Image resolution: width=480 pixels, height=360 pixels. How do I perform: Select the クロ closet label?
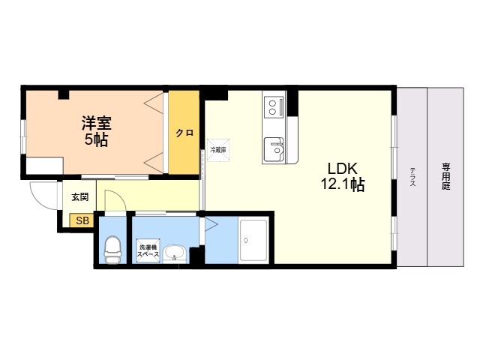(184, 133)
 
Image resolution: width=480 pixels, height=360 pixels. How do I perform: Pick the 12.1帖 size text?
(342, 184)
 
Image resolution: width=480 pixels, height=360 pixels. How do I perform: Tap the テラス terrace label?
(412, 181)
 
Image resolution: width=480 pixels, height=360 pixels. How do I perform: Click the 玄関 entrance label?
(79, 197)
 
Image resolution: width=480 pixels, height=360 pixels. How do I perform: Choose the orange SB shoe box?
(81, 220)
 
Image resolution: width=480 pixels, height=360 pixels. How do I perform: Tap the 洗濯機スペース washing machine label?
(147, 251)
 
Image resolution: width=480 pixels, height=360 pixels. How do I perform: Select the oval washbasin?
(175, 253)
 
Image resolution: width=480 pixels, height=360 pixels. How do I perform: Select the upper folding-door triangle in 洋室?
(154, 103)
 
